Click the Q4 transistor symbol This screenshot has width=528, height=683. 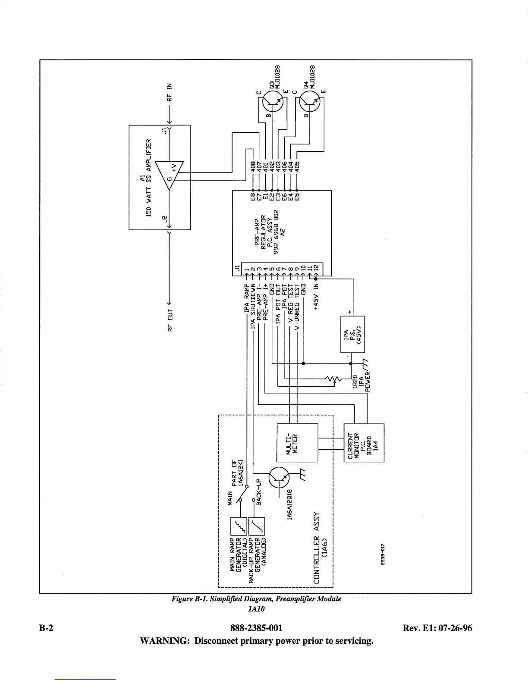(308, 103)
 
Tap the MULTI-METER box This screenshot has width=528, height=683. (297, 442)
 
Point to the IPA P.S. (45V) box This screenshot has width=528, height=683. (352, 335)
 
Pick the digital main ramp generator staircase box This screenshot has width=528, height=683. (238, 526)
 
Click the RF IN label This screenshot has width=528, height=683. (170, 91)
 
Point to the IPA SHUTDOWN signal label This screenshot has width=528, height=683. (253, 305)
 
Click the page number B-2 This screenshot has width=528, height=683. (47, 628)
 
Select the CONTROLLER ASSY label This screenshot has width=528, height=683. (317, 548)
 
